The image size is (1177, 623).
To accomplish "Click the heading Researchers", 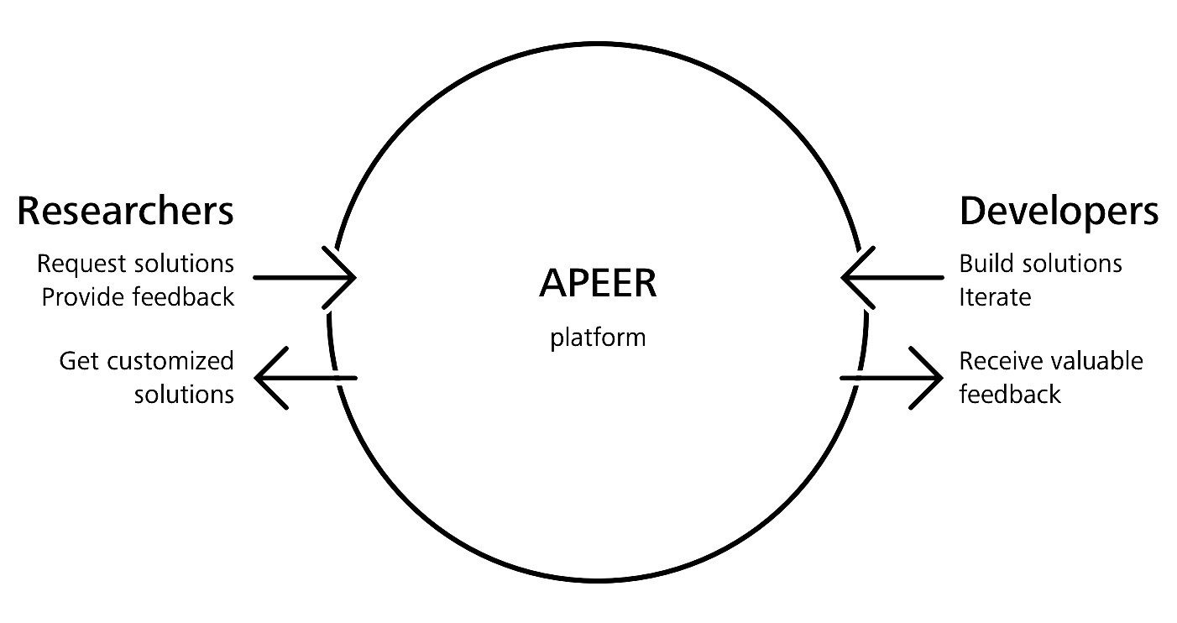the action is coord(125,212).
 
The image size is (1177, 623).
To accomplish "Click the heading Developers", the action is coord(1059,212).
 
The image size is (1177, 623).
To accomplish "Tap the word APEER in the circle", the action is coord(597,284).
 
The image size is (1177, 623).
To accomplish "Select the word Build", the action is coord(983,264).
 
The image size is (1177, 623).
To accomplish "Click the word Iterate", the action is coord(995,296).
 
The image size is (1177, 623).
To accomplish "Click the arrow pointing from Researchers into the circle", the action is coord(303,277).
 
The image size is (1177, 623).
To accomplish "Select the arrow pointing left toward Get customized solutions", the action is coord(305,378).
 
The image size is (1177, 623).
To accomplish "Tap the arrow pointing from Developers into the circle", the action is coord(892,277).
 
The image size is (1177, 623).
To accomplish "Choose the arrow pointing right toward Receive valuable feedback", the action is coord(892,378).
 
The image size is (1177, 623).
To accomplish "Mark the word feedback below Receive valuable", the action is coord(1010,394).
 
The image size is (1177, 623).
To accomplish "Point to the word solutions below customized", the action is coord(184,394).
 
